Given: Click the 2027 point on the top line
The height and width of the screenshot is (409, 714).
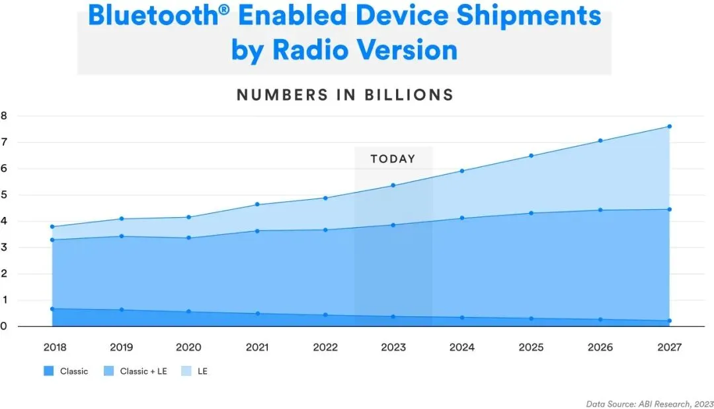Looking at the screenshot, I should coord(669,126).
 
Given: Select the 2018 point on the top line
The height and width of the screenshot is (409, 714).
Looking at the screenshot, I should coord(52,227).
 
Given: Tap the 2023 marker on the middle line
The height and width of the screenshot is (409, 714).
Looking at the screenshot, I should coord(393,225).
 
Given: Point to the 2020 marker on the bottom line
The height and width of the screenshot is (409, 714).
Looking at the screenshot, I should coord(188,312).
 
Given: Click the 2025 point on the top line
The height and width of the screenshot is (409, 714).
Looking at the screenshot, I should coord(532,156).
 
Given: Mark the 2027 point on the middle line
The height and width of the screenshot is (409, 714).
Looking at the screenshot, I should coord(669,210).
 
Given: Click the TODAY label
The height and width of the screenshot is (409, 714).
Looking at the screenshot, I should coord(393,159).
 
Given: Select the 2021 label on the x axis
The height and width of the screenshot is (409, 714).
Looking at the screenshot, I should coord(257,347).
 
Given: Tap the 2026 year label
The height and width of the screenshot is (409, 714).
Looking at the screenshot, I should coord(600,347).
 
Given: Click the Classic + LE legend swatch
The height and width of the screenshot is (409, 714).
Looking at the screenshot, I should coord(109,371).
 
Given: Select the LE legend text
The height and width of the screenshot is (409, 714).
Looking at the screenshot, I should coord(202,371).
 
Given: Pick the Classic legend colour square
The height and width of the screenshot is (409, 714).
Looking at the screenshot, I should coord(48,371).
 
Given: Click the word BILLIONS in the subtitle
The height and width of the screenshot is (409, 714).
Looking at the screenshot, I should coord(409,95).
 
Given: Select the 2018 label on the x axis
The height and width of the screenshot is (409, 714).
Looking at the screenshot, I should coord(55,347).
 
